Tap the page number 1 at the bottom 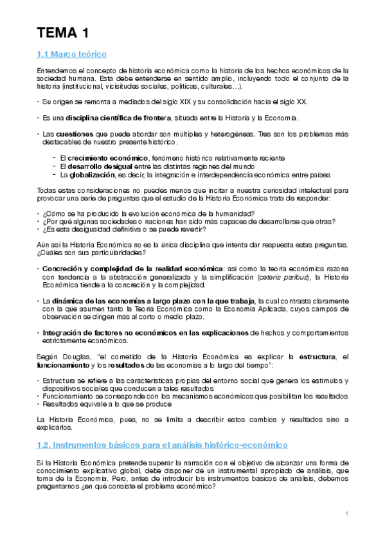click(x=346, y=513)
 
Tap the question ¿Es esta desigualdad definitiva click(x=132, y=231)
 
